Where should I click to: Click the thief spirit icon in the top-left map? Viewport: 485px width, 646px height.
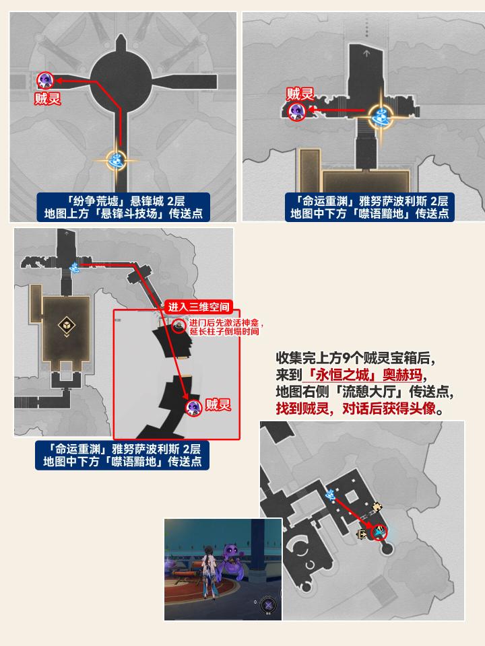pos(45,80)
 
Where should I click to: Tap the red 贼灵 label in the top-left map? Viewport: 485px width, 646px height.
pos(48,99)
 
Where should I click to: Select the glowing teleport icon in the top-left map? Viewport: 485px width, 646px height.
pos(117,160)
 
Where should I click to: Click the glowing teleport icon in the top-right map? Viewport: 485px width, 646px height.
pos(381,116)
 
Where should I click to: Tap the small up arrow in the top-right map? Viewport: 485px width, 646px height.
pos(366,53)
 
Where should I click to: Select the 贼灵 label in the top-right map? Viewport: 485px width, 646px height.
pos(300,94)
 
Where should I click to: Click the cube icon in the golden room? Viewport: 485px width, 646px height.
pos(67,325)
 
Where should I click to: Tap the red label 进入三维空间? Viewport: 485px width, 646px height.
pos(198,307)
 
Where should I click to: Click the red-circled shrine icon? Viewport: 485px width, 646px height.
pos(179,326)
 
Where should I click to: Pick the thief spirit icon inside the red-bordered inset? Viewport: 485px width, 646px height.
pos(193,408)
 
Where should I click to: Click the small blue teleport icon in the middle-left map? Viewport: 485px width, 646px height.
pos(74,267)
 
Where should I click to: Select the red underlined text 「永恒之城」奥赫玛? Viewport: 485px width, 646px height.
pos(363,375)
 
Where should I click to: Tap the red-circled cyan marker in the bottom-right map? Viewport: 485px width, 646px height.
pos(379,532)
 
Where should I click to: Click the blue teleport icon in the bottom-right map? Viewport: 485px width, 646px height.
pos(330,495)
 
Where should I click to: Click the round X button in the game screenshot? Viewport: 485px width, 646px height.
pos(268,605)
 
